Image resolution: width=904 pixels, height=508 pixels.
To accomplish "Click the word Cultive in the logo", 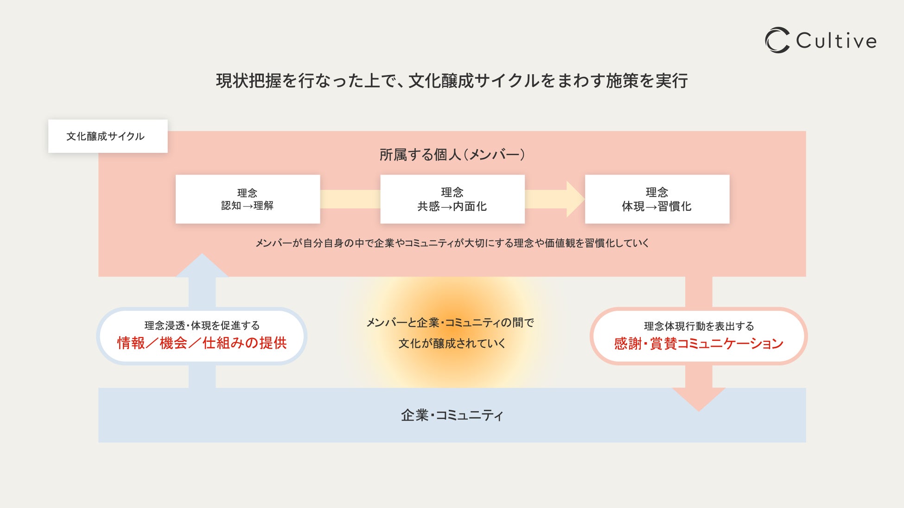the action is tap(836, 41).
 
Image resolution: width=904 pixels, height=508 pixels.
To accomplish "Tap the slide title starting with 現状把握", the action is tap(452, 81).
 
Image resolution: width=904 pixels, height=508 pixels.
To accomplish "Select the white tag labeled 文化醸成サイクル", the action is tap(108, 136).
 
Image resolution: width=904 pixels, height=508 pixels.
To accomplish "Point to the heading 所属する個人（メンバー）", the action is tap(452, 155).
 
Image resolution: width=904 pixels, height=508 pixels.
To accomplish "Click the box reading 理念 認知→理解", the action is tap(248, 199).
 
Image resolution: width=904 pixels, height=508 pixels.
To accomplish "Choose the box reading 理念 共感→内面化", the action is tap(452, 199).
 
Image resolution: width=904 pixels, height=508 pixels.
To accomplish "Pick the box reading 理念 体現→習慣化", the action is tap(657, 199).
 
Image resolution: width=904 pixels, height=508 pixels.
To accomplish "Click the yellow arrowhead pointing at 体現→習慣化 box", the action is tap(575, 199).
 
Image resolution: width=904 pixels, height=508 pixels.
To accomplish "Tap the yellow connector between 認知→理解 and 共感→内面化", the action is tap(350, 199).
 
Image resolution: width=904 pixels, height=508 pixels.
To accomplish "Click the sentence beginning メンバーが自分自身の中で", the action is tap(452, 243).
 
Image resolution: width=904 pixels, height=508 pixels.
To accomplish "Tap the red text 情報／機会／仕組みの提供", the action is tap(202, 343).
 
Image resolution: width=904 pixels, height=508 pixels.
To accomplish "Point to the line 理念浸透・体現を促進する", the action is tap(202, 326).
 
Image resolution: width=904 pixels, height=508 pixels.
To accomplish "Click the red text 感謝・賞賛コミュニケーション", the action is tap(699, 344).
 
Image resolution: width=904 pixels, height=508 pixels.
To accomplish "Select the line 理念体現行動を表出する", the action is tap(699, 326).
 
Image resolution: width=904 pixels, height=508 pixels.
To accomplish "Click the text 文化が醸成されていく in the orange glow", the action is tap(452, 344).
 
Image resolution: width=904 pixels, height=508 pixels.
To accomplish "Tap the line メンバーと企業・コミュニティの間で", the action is tap(450, 323).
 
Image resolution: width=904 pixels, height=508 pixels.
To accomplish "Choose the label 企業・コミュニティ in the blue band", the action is tap(452, 415).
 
